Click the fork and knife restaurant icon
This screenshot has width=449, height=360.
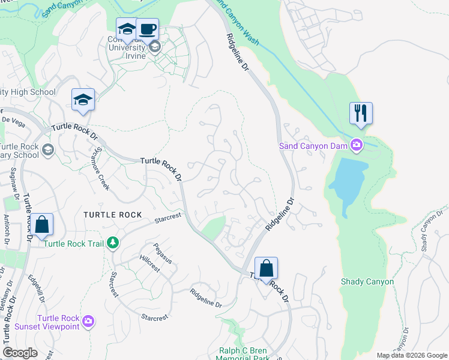click(x=361, y=113)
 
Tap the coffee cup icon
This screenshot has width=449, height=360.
click(x=147, y=28)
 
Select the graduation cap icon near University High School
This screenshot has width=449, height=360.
click(x=83, y=100)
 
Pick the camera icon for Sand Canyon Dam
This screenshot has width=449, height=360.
click(x=357, y=145)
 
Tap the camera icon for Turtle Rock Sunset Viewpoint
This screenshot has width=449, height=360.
click(x=88, y=322)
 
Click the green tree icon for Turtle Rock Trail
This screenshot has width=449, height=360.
click(x=112, y=242)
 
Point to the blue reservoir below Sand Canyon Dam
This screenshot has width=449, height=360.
click(x=348, y=183)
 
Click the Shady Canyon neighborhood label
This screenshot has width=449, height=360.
click(x=367, y=281)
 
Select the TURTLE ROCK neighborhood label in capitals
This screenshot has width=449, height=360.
click(x=112, y=215)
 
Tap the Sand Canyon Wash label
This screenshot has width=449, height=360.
click(x=237, y=22)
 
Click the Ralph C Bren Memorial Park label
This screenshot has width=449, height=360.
click(x=243, y=354)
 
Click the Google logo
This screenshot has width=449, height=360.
click(x=20, y=353)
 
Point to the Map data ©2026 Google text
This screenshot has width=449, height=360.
click(x=411, y=355)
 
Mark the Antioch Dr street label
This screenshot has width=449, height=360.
click(x=7, y=228)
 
